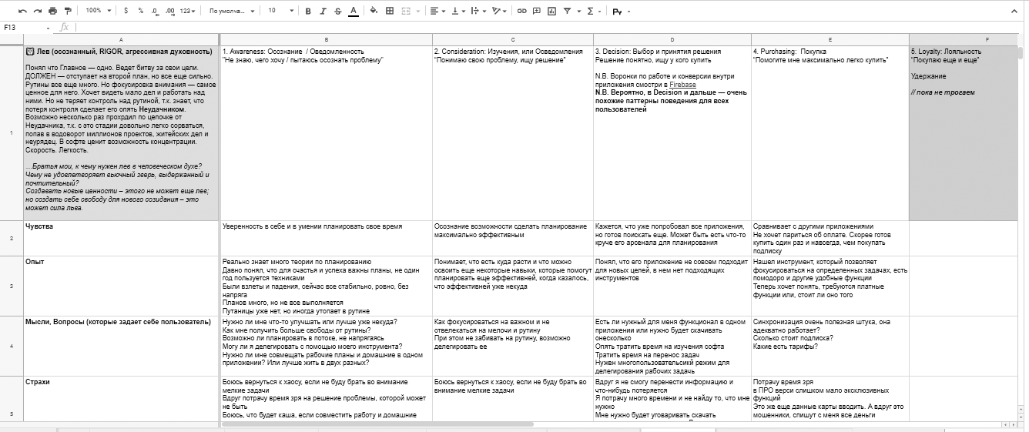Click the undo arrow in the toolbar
tap(22, 12)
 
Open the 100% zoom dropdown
tap(97, 12)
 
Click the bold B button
tap(308, 12)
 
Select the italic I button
tap(323, 12)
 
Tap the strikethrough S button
tap(337, 12)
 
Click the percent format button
tap(140, 12)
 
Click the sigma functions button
tap(591, 12)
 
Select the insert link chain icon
tap(522, 12)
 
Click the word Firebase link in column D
tap(682, 85)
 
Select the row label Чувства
tap(39, 227)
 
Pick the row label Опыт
tap(35, 262)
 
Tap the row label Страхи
tap(39, 381)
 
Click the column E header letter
tap(830, 39)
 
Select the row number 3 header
tap(11, 286)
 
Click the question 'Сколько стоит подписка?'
tap(793, 338)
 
